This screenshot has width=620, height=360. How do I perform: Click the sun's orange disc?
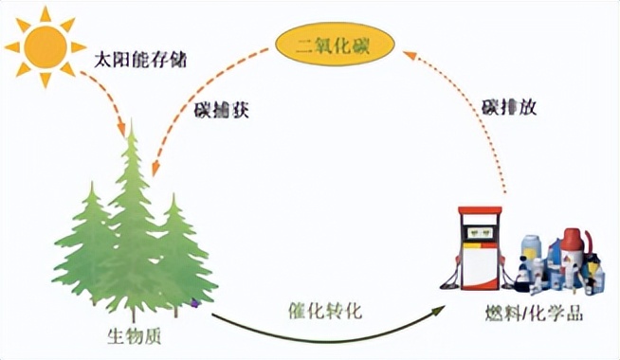[x=45, y=45]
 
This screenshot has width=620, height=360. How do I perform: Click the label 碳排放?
[x=508, y=107]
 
